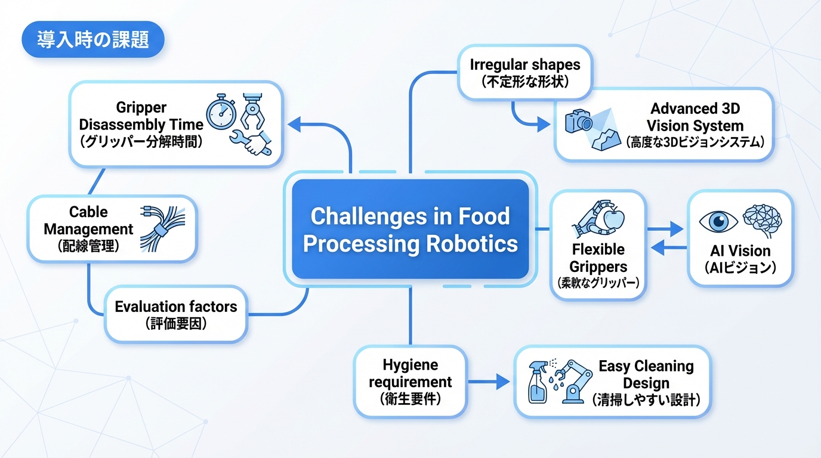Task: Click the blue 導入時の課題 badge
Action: click(93, 39)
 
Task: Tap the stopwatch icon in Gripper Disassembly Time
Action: click(221, 112)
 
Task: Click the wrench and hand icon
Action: click(251, 142)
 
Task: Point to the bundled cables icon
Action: click(162, 229)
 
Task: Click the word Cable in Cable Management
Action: click(88, 212)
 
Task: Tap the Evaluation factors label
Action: click(176, 307)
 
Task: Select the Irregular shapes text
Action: click(525, 64)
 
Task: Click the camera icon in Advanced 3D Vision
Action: click(579, 121)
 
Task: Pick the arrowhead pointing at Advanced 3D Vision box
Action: click(544, 125)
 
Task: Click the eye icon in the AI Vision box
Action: click(718, 222)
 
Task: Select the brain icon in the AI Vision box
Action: click(763, 221)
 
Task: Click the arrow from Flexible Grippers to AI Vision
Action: click(665, 229)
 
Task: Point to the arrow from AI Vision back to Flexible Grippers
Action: click(669, 247)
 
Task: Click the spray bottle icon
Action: click(538, 382)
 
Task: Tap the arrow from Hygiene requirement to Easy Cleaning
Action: click(489, 382)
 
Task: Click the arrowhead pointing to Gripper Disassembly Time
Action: click(294, 124)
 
